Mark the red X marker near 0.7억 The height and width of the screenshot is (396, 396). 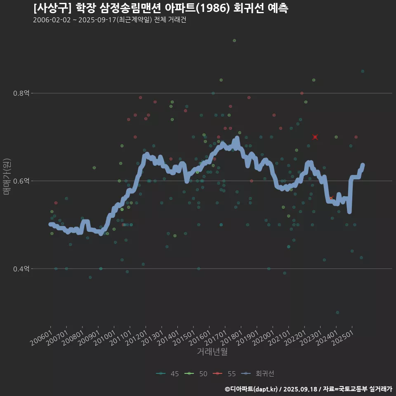(315, 137)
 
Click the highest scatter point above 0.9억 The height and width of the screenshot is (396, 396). (234, 40)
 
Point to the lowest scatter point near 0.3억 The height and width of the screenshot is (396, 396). (337, 312)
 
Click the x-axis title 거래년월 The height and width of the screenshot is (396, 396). (212, 352)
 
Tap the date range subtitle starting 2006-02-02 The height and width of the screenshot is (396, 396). (109, 20)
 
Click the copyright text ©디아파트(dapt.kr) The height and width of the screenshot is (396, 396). (252, 389)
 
